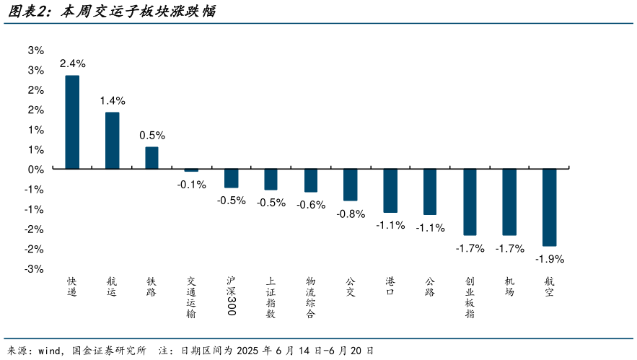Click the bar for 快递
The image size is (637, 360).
tap(72, 123)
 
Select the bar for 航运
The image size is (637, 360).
tap(112, 141)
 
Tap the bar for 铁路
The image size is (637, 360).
tap(151, 158)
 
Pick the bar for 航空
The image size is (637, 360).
tap(549, 207)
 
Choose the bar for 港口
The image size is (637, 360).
tap(390, 190)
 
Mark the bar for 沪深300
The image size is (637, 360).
tap(231, 178)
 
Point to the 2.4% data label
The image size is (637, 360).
tap(72, 63)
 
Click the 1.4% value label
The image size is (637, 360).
tap(112, 100)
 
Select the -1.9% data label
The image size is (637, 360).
tap(550, 258)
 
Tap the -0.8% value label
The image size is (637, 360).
tap(351, 214)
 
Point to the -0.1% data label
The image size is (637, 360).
tap(191, 184)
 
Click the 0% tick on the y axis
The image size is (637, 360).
tap(35, 169)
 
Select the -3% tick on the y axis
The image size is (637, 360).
tap(35, 268)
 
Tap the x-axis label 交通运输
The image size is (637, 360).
tap(191, 297)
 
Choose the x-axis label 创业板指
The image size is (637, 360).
tap(470, 297)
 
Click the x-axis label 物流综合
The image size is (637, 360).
tap(310, 297)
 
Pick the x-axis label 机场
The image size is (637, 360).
tap(509, 286)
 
